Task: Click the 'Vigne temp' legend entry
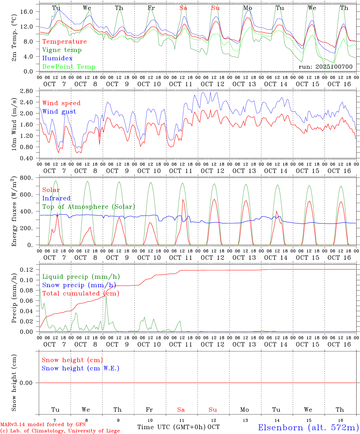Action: coord(62,50)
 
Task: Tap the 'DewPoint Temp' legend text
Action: coord(69,67)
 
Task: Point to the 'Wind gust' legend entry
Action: coord(59,112)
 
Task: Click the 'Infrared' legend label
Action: coord(56,198)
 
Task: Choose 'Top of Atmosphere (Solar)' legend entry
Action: coord(88,207)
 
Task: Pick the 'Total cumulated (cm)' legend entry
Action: coord(81,294)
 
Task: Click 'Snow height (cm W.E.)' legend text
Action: coord(81,368)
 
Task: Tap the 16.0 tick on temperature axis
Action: coord(27,11)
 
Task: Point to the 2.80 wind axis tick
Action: coord(27,91)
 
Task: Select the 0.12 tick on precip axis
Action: coord(27,269)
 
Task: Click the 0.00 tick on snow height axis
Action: coord(27,383)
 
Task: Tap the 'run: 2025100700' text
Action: coord(325,67)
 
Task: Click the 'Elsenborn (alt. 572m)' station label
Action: coord(308,427)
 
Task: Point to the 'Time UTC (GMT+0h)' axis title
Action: coord(172,427)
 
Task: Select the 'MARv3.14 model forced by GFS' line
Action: coord(43,425)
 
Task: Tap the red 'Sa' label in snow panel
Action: coord(181,410)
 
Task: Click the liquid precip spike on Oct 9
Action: coord(106,297)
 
